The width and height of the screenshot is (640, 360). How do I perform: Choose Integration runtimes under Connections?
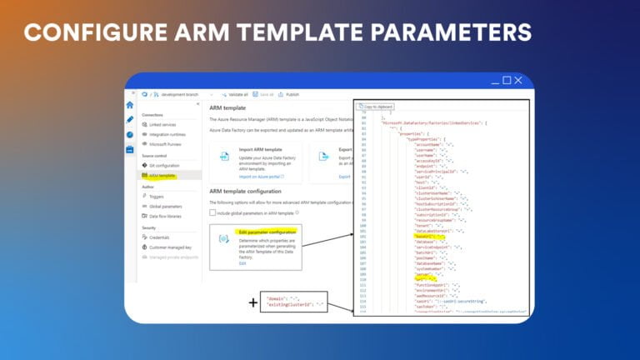click(166, 134)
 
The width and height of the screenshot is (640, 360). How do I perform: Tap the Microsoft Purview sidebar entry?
click(165, 144)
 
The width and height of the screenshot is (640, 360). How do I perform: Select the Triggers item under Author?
click(156, 196)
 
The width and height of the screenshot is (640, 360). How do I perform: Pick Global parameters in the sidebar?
click(165, 206)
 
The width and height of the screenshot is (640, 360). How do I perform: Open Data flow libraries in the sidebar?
click(165, 216)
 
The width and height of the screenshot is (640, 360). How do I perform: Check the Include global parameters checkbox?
click(213, 212)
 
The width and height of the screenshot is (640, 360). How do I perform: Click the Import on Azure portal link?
click(261, 177)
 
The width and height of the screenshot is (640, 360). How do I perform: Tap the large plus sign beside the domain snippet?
click(253, 302)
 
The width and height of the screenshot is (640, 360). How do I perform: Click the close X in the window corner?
click(518, 80)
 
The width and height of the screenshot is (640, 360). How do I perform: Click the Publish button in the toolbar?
click(292, 95)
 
